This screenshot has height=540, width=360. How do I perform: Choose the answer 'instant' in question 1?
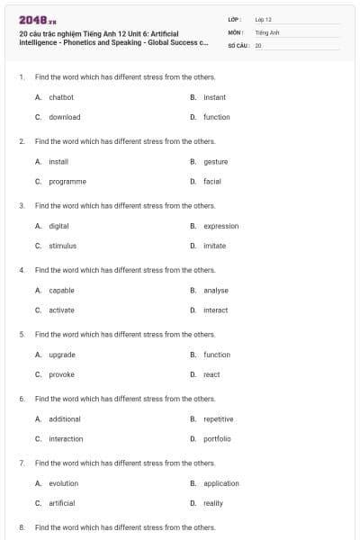click(214, 97)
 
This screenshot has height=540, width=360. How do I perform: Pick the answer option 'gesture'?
click(215, 161)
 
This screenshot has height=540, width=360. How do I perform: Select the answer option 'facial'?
click(211, 181)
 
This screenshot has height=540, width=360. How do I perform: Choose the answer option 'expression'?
click(220, 226)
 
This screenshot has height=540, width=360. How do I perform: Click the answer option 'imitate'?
click(214, 246)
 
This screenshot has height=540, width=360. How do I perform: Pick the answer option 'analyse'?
click(216, 290)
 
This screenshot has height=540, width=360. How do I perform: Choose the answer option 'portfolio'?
click(217, 438)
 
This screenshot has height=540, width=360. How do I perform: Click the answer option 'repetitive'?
click(218, 418)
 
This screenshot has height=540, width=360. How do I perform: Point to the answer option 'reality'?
click(212, 503)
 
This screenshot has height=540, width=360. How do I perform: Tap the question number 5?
click(22, 334)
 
